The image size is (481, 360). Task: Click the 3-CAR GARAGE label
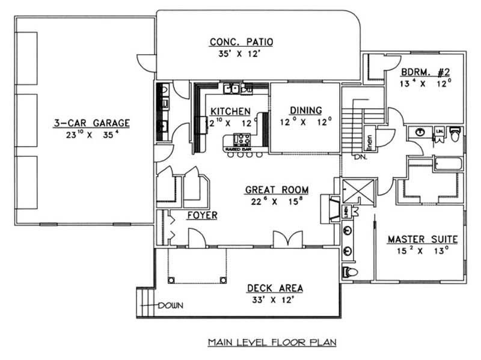coord(91,123)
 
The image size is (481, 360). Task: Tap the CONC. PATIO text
coord(241,42)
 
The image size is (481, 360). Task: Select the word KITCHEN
coord(230,111)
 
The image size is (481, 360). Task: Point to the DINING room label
coord(305,111)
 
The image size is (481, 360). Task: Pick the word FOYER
coord(201,215)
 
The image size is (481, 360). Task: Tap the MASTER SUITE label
coord(422,239)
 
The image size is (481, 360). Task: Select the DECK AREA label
coord(274,288)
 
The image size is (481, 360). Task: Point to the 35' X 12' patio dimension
coord(241,54)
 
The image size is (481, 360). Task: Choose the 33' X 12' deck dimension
coord(274,300)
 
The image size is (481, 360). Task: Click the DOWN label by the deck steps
coord(171,305)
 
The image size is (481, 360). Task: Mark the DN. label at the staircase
coord(359,157)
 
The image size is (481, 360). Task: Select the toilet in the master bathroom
coord(352,272)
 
